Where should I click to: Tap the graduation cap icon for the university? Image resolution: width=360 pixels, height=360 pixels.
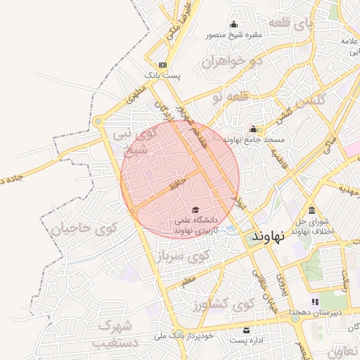click(x=195, y=210)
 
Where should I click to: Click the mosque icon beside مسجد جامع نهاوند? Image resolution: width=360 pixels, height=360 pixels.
click(x=253, y=129)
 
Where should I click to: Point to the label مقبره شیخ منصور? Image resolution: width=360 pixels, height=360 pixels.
click(x=233, y=34)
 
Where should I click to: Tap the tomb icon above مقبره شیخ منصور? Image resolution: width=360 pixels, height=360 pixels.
click(x=233, y=24)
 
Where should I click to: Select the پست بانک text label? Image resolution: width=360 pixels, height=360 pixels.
click(x=162, y=75)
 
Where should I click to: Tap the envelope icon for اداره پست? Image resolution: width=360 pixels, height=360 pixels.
click(x=246, y=330)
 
